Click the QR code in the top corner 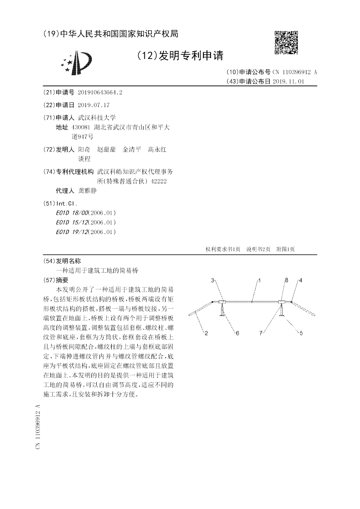coord(286,43)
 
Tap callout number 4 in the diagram coord(301,280)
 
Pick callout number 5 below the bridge coord(301,333)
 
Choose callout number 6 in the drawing coord(238,333)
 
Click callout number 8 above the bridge coord(286,280)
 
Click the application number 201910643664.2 coord(100,92)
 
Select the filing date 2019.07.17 coord(94,104)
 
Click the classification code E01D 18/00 coord(72,213)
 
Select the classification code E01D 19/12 coord(72,232)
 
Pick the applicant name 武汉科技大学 coord(97,117)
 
